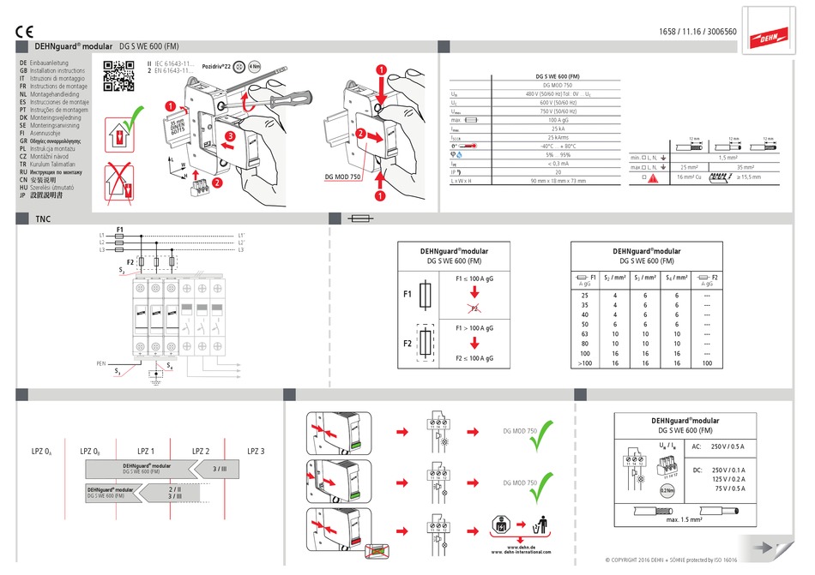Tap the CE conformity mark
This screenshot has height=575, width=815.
pyautogui.click(x=24, y=33)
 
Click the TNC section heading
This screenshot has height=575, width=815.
pyautogui.click(x=43, y=219)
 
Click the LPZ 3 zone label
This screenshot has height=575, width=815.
pyautogui.click(x=256, y=451)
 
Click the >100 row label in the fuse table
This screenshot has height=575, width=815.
pyautogui.click(x=585, y=363)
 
